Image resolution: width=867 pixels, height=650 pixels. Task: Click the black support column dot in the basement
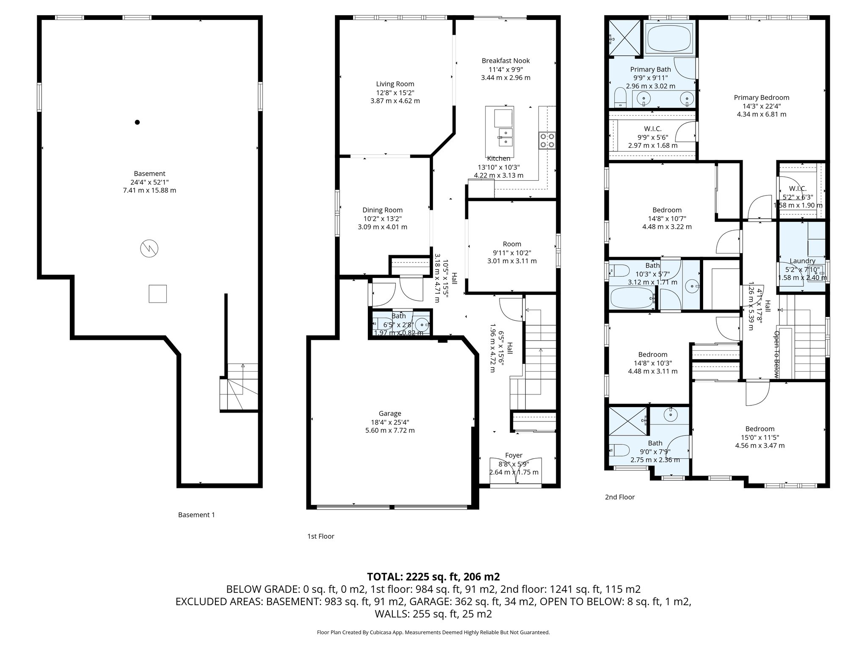pyautogui.click(x=137, y=122)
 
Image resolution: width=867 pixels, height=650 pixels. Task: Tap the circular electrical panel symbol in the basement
pyautogui.click(x=149, y=248)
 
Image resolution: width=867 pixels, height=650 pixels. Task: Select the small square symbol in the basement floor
pyautogui.click(x=157, y=294)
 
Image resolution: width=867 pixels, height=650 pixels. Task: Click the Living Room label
pyautogui.click(x=395, y=84)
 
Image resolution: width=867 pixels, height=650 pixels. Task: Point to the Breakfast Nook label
pyautogui.click(x=505, y=61)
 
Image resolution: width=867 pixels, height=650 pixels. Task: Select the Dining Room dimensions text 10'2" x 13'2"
pyautogui.click(x=382, y=218)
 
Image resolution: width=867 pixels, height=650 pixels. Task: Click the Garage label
pyautogui.click(x=390, y=413)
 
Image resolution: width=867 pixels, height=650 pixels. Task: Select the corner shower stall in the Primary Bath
pyautogui.click(x=625, y=38)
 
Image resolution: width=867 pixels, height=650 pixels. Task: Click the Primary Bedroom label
pyautogui.click(x=762, y=97)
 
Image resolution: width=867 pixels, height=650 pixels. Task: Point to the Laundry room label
pyautogui.click(x=802, y=261)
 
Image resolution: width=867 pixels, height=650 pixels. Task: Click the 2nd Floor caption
pyautogui.click(x=620, y=497)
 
